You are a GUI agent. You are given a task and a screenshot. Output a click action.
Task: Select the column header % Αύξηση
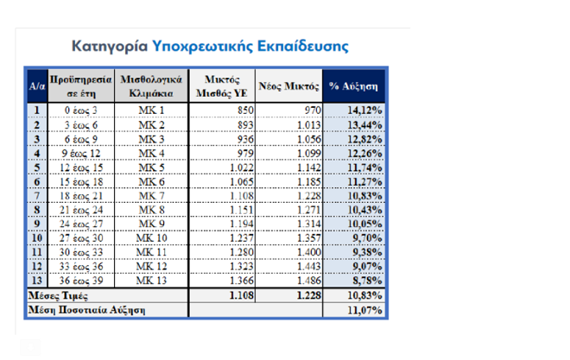coord(354,86)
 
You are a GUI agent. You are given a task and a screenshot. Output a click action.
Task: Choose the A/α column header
coord(37,86)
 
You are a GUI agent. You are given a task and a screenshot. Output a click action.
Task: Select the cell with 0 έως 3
coord(81,111)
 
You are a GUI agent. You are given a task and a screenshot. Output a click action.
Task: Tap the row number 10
coord(37,238)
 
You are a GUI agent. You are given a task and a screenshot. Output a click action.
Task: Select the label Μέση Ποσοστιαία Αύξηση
coord(87,309)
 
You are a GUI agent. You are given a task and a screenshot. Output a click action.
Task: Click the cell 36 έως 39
coord(81,281)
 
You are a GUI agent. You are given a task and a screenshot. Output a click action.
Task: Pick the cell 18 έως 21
coord(81,197)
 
